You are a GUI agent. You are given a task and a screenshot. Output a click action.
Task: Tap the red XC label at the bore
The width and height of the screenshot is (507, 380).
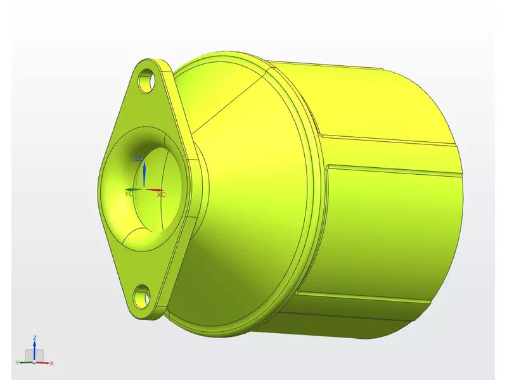(x=161, y=194)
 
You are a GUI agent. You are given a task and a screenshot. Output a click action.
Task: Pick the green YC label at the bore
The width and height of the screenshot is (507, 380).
(x=129, y=194)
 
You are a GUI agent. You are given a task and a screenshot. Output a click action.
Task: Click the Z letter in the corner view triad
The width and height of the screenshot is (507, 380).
(x=34, y=338)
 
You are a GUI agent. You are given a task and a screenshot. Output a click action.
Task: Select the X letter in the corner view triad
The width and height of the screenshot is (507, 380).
(x=51, y=363)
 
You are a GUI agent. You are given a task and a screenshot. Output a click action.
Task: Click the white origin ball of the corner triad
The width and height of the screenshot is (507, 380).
(x=34, y=362)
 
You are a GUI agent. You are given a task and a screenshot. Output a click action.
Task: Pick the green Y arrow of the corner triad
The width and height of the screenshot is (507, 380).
(x=24, y=363)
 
